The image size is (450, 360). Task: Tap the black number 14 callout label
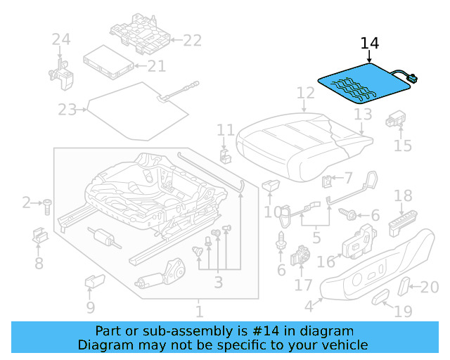(x=370, y=44)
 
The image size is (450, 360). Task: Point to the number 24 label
(x=61, y=40)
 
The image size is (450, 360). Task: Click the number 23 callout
(x=68, y=110)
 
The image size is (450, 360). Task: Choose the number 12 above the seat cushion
(x=305, y=93)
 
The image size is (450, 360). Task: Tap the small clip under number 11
(x=225, y=154)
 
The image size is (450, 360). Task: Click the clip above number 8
(x=39, y=237)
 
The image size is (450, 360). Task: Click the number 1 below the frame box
(x=199, y=309)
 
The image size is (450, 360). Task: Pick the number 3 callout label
(x=218, y=283)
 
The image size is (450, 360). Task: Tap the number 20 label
(x=428, y=286)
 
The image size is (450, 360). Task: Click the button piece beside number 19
(x=381, y=297)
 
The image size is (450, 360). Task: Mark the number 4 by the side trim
(x=308, y=307)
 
